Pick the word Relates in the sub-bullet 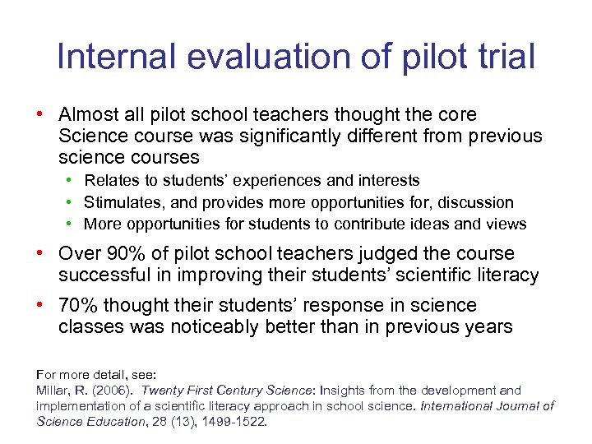point(111,180)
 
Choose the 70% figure point(78,306)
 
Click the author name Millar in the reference point(54,391)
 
